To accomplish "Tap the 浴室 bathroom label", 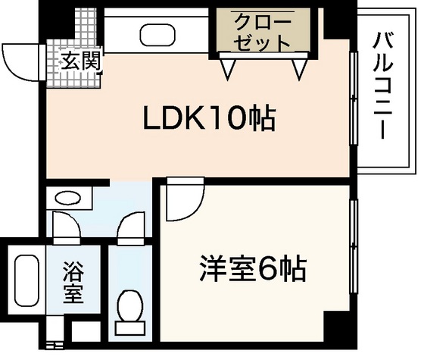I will pos(72,283).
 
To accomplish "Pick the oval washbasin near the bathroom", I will pos(69,199).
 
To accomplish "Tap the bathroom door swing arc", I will pos(67,227).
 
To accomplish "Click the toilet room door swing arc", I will pos(130,227).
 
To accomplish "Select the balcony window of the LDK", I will pos(353,102).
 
